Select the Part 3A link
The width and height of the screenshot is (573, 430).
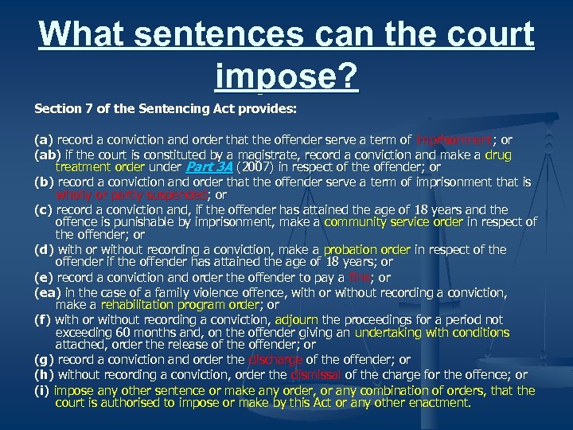point(209,167)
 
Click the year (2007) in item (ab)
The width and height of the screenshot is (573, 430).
point(255,167)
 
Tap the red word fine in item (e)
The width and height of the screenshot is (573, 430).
point(361,277)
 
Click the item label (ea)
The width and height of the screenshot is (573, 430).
point(45,291)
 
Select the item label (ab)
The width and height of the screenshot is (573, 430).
point(45,154)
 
